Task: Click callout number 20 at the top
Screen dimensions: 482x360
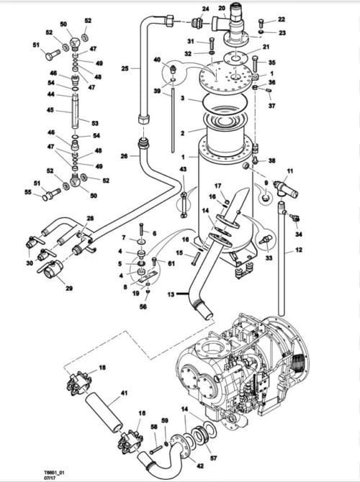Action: pyautogui.click(x=222, y=7)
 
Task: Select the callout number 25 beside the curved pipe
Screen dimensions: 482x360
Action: pyautogui.click(x=125, y=68)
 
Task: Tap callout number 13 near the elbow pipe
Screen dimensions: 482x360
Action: pyautogui.click(x=170, y=294)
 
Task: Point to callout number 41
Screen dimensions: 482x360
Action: pyautogui.click(x=124, y=394)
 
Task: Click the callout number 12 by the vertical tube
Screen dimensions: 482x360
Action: pyautogui.click(x=299, y=250)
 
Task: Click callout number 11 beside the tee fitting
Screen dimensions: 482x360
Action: pyautogui.click(x=289, y=170)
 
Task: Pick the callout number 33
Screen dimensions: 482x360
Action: pyautogui.click(x=269, y=256)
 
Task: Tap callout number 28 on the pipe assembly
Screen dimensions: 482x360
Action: pyautogui.click(x=90, y=218)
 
